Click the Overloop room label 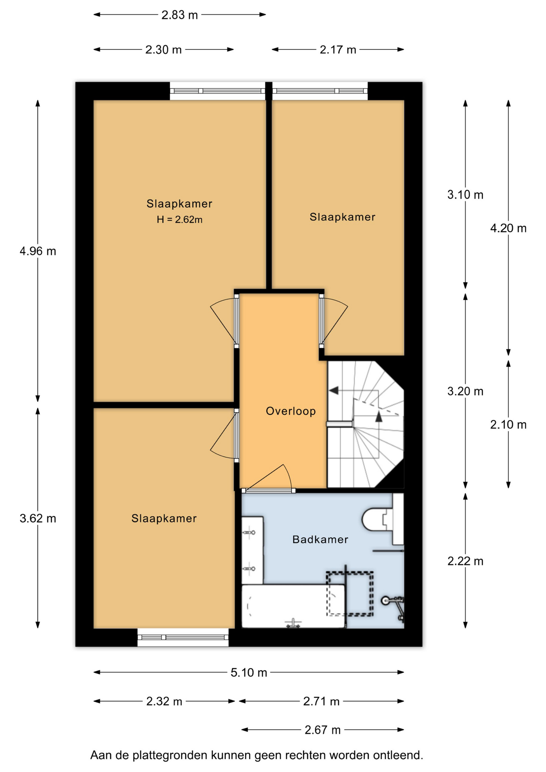(x=291, y=411)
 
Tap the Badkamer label (x=320, y=539)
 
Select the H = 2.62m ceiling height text (x=179, y=220)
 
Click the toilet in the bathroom (x=383, y=520)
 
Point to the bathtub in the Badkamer (x=293, y=606)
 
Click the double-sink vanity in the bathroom (x=252, y=550)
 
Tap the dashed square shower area (x=350, y=593)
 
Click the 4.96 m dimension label (x=38, y=251)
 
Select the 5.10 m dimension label (x=249, y=673)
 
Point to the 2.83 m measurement (x=180, y=15)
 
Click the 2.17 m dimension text (x=338, y=50)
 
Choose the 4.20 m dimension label (x=508, y=228)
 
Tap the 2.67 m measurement (x=322, y=730)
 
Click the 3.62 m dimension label (x=38, y=519)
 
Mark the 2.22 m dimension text (x=465, y=561)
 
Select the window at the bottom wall (x=183, y=637)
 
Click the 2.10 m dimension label (x=508, y=425)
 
